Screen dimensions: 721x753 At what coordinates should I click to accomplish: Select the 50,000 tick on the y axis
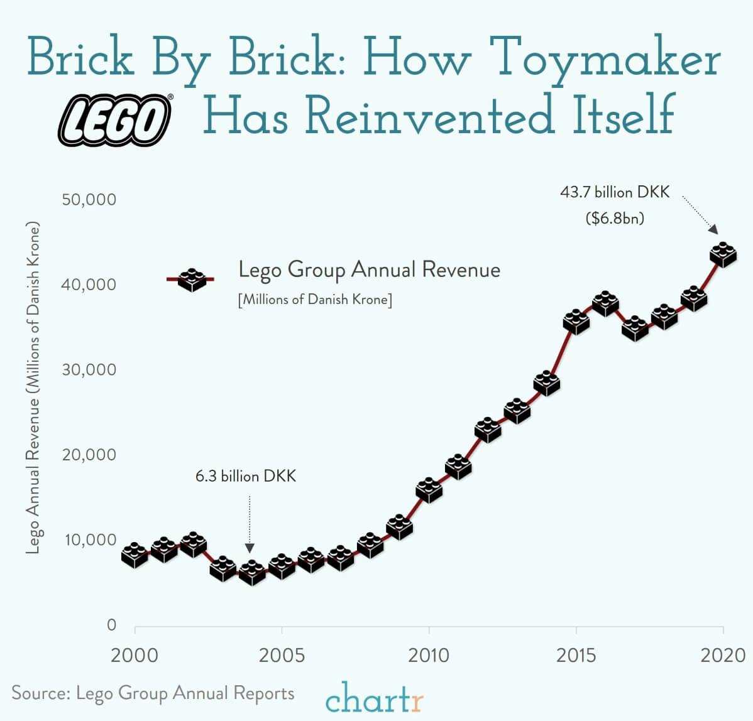click(x=89, y=200)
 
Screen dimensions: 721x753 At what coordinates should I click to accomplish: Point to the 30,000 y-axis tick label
click(x=89, y=369)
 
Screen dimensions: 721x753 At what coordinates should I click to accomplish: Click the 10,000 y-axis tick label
click(x=89, y=540)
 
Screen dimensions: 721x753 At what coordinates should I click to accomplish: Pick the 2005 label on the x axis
click(x=282, y=656)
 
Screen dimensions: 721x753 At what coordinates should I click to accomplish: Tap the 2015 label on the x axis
click(x=576, y=656)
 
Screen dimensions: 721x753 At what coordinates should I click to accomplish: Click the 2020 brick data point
click(x=723, y=254)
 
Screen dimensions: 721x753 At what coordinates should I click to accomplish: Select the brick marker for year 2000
click(x=135, y=555)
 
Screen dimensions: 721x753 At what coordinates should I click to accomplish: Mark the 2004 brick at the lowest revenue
click(x=252, y=572)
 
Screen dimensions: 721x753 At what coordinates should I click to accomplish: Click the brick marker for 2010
click(x=429, y=490)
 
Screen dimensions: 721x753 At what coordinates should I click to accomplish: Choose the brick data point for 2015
click(x=576, y=322)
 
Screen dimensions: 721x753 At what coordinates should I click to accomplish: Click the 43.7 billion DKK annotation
click(x=615, y=192)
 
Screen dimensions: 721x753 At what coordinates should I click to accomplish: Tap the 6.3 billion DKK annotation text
click(x=245, y=476)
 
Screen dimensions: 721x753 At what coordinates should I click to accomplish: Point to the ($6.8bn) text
click(x=615, y=219)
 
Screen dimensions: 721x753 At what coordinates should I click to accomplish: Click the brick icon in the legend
click(x=192, y=279)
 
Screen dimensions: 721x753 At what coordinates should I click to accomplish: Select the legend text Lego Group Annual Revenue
click(x=369, y=270)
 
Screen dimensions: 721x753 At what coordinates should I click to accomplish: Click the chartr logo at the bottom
click(x=375, y=698)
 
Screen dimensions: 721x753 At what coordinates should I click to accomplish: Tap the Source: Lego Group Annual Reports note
click(x=153, y=693)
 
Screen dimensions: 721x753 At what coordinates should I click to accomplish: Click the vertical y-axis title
click(x=33, y=388)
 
